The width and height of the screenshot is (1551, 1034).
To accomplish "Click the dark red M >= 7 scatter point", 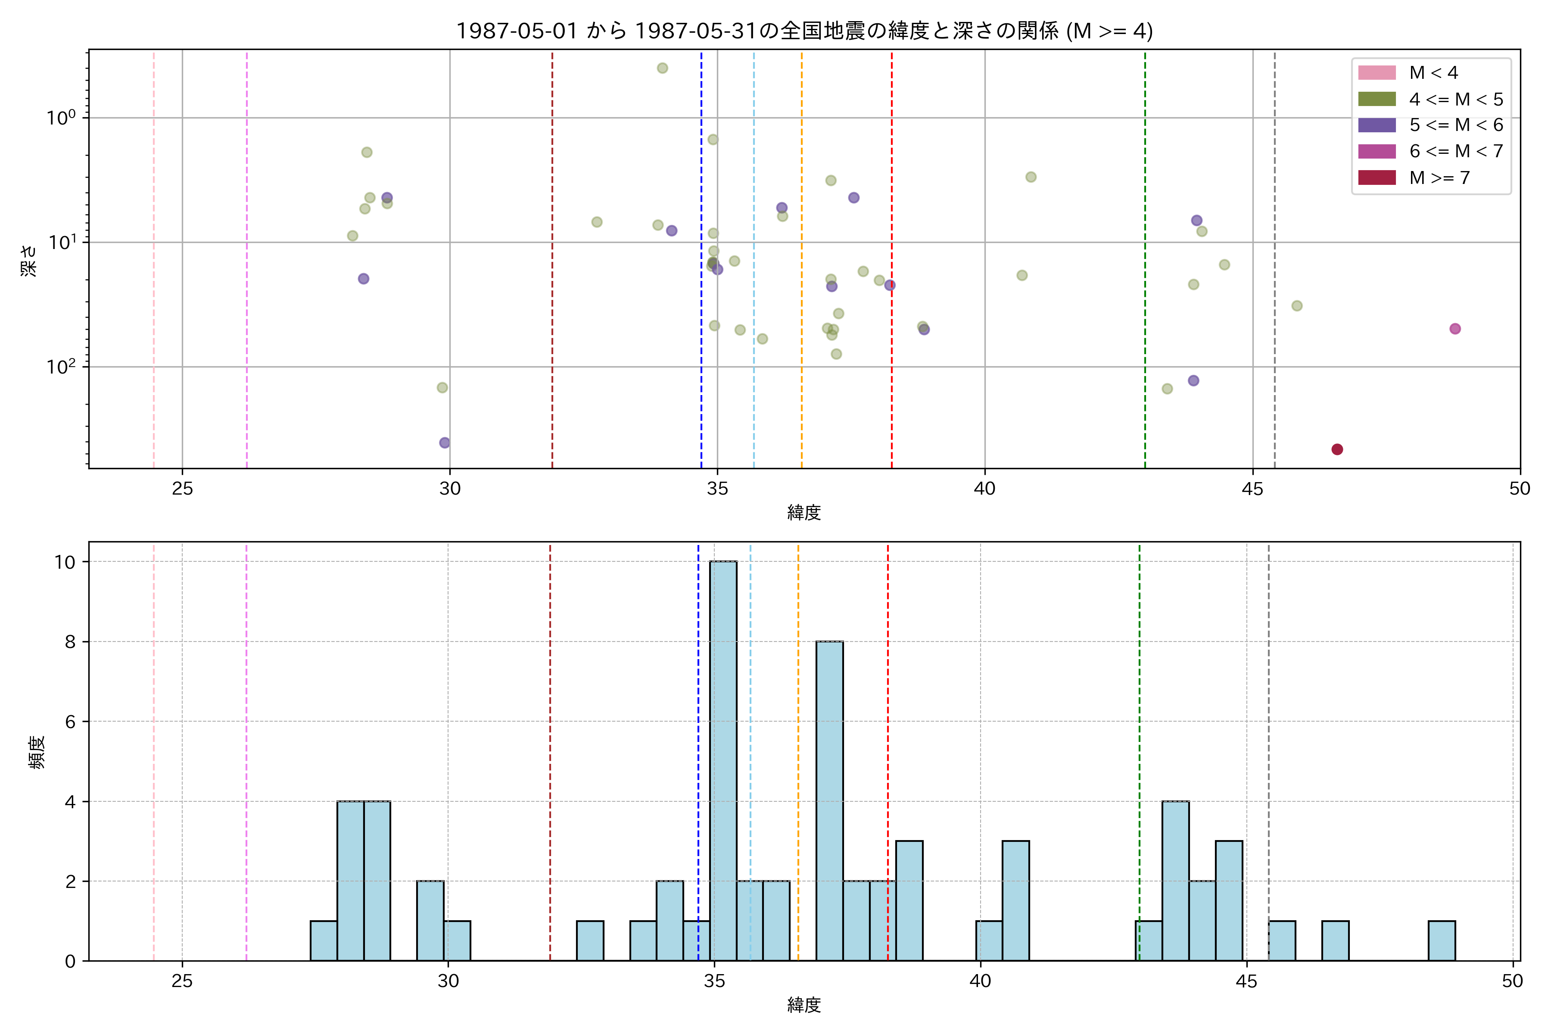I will pyautogui.click(x=1337, y=449).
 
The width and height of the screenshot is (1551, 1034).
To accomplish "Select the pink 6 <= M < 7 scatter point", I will pyautogui.click(x=1455, y=328).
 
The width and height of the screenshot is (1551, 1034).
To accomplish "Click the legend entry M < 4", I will pyautogui.click(x=1433, y=72).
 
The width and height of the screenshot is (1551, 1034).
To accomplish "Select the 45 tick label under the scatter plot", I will pyautogui.click(x=1252, y=489).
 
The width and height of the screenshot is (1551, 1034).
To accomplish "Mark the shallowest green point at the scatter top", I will pyautogui.click(x=662, y=68).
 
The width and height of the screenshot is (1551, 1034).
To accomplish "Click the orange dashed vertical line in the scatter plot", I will pyautogui.click(x=801, y=264).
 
